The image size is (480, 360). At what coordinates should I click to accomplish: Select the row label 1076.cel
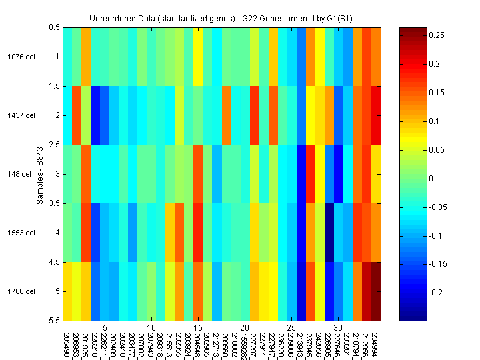[x=21, y=57]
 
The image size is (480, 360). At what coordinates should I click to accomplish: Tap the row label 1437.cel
[x=21, y=115]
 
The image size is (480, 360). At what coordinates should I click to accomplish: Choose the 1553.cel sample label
[x=21, y=233]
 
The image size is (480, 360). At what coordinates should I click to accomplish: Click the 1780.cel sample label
[x=21, y=291]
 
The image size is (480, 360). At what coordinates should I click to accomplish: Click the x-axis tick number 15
[x=198, y=328]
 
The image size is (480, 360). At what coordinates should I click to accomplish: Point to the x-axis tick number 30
[x=338, y=328]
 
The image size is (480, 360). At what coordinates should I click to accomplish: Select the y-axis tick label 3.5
[x=54, y=203]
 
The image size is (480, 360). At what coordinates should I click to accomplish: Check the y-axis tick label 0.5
[x=54, y=27]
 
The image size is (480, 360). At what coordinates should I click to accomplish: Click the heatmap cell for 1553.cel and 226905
[x=329, y=233]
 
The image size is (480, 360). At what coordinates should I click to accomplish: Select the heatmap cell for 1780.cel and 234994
[x=376, y=291]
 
